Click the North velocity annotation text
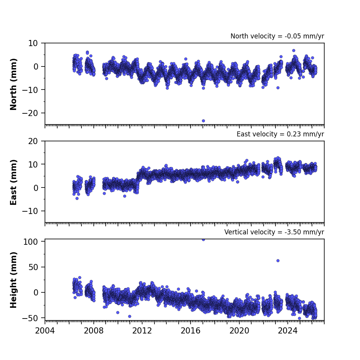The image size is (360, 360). coord(277,36)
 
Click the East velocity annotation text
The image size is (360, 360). coord(280,134)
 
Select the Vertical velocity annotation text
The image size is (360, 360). coord(274,232)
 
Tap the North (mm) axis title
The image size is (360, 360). coord(13,84)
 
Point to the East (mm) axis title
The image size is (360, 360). coord(13,182)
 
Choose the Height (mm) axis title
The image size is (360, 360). coord(13,280)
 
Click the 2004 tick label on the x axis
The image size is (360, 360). coord(45,331)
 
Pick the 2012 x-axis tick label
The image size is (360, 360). coord(142,331)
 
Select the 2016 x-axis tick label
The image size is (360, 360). coord(191,331)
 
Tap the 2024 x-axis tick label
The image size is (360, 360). coord(288,331)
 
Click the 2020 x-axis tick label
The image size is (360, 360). coord(239,331)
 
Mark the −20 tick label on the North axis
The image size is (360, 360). coord(30,113)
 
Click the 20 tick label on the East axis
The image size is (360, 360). coord(33,141)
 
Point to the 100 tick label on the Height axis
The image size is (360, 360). coord(31,242)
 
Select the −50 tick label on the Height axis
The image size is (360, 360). coord(30,318)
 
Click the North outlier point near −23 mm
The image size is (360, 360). coord(203,121)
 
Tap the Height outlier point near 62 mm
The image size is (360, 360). coord(278,260)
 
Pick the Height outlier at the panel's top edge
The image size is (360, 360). coord(203,240)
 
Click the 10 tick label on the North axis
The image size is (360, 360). coord(33,43)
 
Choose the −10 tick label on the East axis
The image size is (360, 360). coord(30,211)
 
